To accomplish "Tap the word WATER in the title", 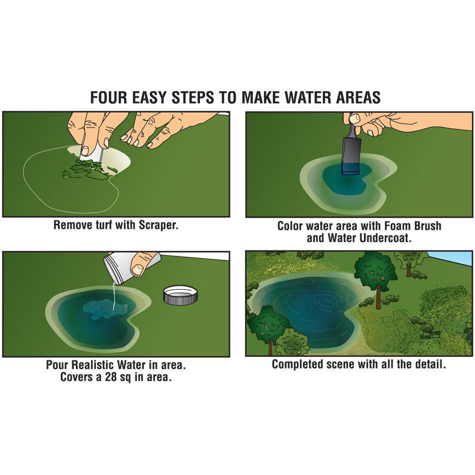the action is pos(313,97).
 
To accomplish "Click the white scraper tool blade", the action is pos(93,153).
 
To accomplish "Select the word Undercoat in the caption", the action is pos(385,238).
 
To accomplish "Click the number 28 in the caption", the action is pos(111,377).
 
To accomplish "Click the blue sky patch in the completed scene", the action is pos(453,258).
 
